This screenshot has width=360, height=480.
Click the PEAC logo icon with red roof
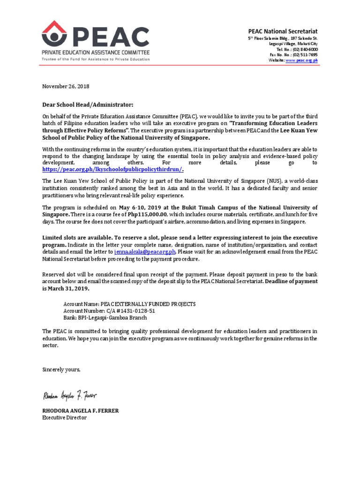pyautogui.click(x=54, y=34)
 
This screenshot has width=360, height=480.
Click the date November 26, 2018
pyautogui.click(x=66, y=86)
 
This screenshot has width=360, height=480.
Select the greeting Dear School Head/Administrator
pyautogui.click(x=88, y=104)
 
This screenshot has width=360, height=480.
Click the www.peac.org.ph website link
pyautogui.click(x=302, y=60)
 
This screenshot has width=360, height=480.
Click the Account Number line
pyautogui.click(x=109, y=311)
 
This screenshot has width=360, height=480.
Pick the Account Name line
pyautogui.click(x=129, y=304)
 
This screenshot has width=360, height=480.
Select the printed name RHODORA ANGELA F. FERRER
pyautogui.click(x=81, y=411)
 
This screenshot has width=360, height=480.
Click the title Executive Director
pyautogui.click(x=64, y=417)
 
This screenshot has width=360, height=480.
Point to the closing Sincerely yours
pyautogui.click(x=61, y=370)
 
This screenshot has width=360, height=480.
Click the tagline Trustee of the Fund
pyautogui.click(x=96, y=59)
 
